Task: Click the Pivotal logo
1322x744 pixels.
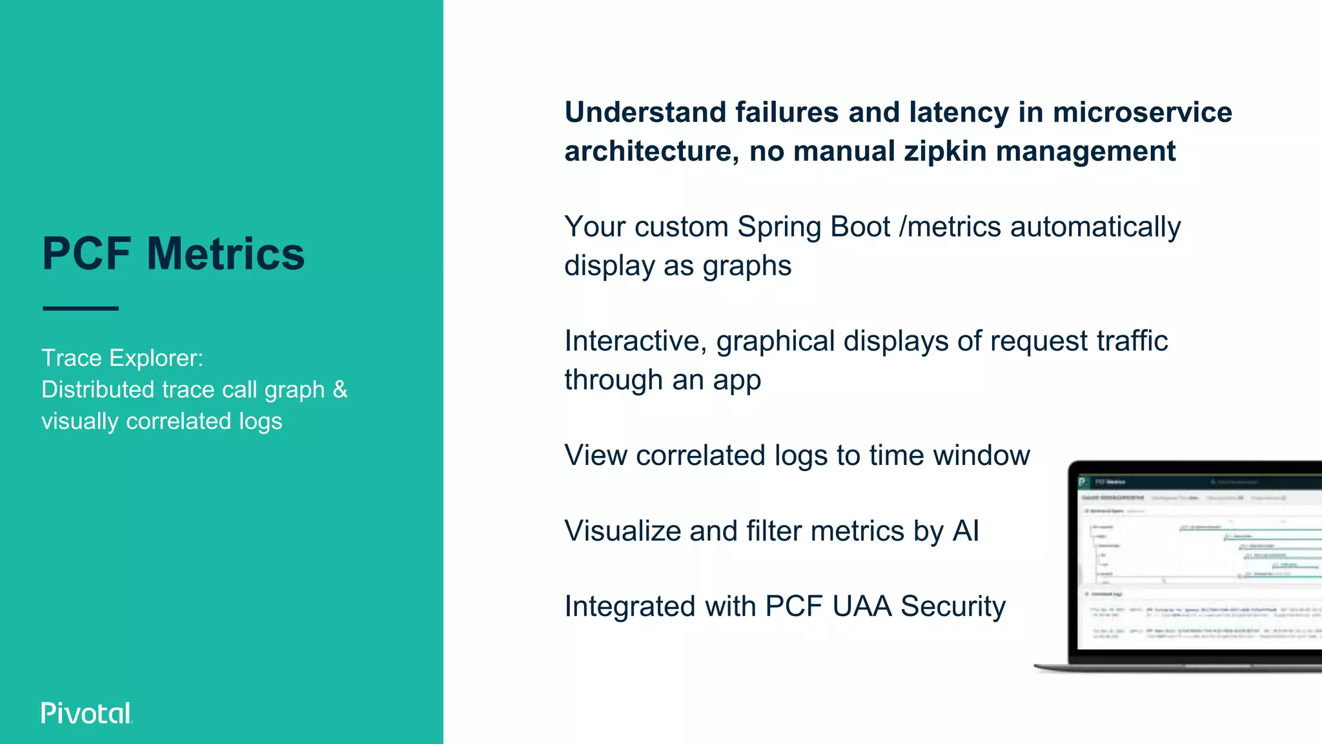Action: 86,713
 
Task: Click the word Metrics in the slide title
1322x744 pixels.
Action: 225,254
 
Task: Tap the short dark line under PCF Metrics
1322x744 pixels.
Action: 81,309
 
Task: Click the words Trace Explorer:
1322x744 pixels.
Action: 122,358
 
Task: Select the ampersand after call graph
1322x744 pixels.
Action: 340,389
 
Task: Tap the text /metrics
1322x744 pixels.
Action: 950,227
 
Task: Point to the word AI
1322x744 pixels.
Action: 965,531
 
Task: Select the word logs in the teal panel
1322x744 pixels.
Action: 260,421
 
